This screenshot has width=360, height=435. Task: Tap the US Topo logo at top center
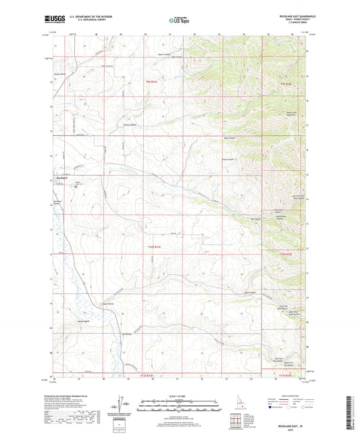tap(179, 22)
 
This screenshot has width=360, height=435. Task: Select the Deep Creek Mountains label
tap(291, 113)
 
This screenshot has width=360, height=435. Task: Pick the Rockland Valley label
tap(59, 202)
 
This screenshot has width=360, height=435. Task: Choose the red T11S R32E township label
tap(288, 374)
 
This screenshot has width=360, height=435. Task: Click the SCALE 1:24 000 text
tap(180, 396)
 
